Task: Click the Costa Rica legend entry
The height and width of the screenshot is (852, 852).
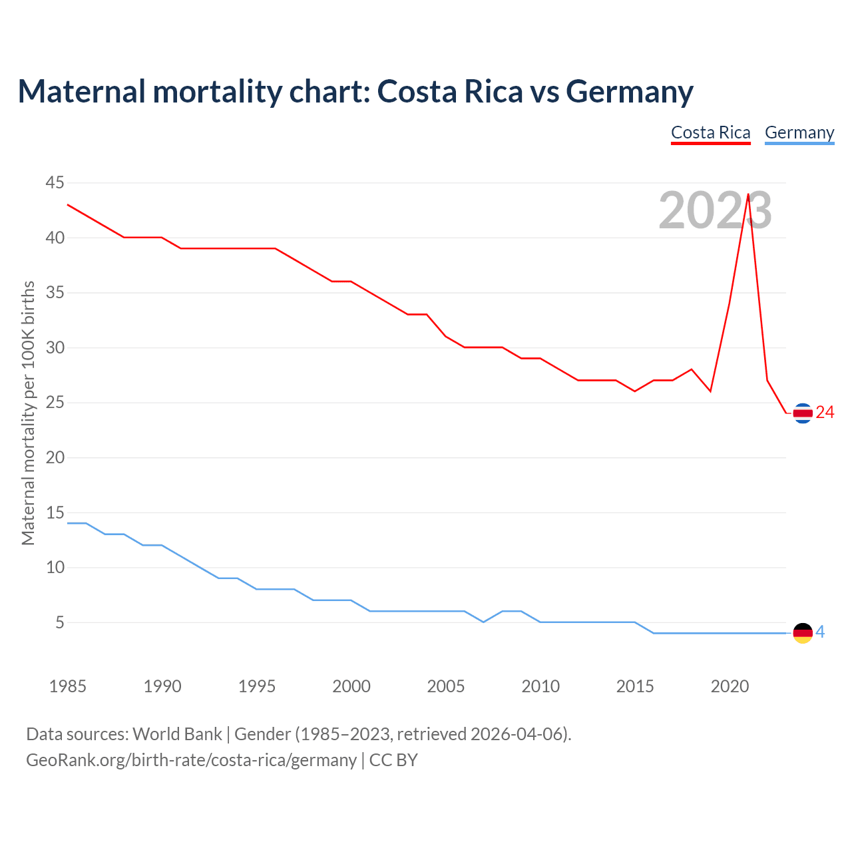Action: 710,132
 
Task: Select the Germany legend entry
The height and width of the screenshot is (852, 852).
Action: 799,132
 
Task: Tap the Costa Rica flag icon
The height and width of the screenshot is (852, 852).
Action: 803,413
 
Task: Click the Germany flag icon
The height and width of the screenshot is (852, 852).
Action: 803,633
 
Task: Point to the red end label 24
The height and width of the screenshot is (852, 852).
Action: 825,413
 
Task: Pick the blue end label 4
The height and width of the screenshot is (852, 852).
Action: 820,632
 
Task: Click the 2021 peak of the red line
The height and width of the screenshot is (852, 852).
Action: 748,194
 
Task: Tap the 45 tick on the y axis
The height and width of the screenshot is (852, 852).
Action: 55,182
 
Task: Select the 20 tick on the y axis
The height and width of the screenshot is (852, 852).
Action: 55,457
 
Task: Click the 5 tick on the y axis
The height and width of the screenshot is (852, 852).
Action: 60,622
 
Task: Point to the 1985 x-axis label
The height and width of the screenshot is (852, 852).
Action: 68,686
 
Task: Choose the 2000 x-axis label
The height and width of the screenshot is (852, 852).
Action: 351,686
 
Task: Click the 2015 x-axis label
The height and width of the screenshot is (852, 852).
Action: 635,686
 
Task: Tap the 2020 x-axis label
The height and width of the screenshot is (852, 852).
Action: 730,686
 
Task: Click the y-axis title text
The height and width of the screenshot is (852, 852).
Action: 28,413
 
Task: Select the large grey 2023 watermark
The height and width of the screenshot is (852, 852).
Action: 715,210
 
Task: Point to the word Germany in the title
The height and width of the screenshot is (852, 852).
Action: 629,91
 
